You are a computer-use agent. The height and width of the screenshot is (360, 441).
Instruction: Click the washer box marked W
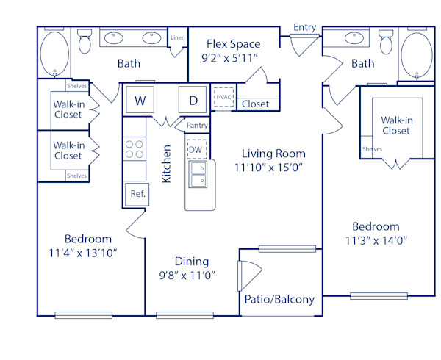(139, 101)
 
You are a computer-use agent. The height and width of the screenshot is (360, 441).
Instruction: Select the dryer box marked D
(193, 101)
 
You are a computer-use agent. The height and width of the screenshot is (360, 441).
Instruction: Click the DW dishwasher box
(196, 150)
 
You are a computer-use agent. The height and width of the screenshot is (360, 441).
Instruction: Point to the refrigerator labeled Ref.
(137, 194)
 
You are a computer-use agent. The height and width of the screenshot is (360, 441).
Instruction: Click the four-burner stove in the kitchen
(135, 149)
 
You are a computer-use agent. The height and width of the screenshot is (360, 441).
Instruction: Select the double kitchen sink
(198, 175)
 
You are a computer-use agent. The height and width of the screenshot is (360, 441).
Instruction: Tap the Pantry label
(197, 126)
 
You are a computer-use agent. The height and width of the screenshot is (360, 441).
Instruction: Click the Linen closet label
(177, 37)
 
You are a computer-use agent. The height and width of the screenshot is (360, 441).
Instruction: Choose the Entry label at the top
(304, 27)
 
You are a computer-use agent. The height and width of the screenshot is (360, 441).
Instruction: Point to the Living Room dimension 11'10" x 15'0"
(273, 168)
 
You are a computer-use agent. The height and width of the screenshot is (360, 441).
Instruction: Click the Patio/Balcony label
(279, 299)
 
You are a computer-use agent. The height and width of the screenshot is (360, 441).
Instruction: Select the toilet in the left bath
(84, 43)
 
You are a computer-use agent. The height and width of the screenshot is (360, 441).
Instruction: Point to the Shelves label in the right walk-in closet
(372, 149)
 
